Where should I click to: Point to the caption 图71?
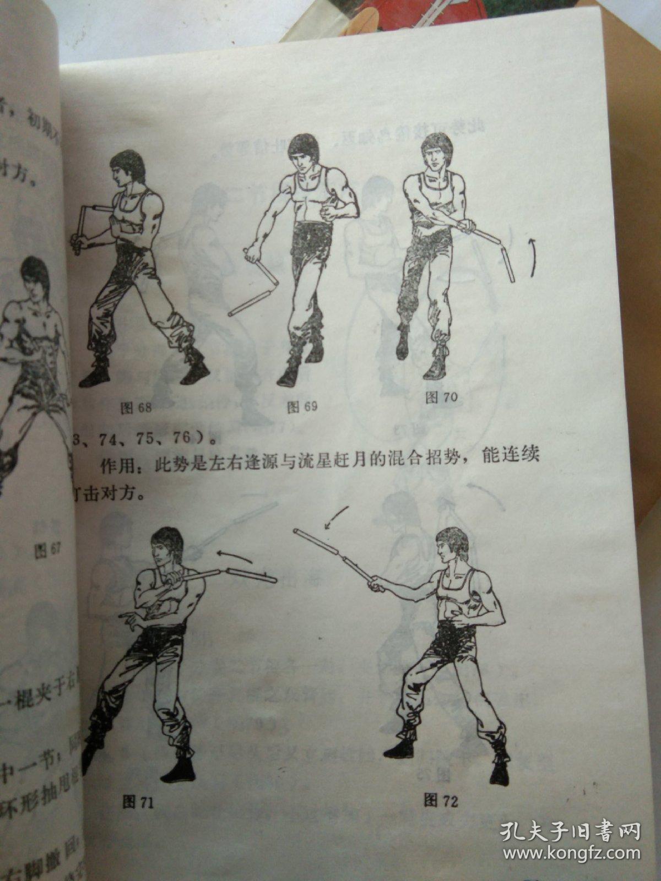[x=138, y=802]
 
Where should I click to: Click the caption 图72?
[x=441, y=801]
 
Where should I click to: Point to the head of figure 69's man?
[x=300, y=154]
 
